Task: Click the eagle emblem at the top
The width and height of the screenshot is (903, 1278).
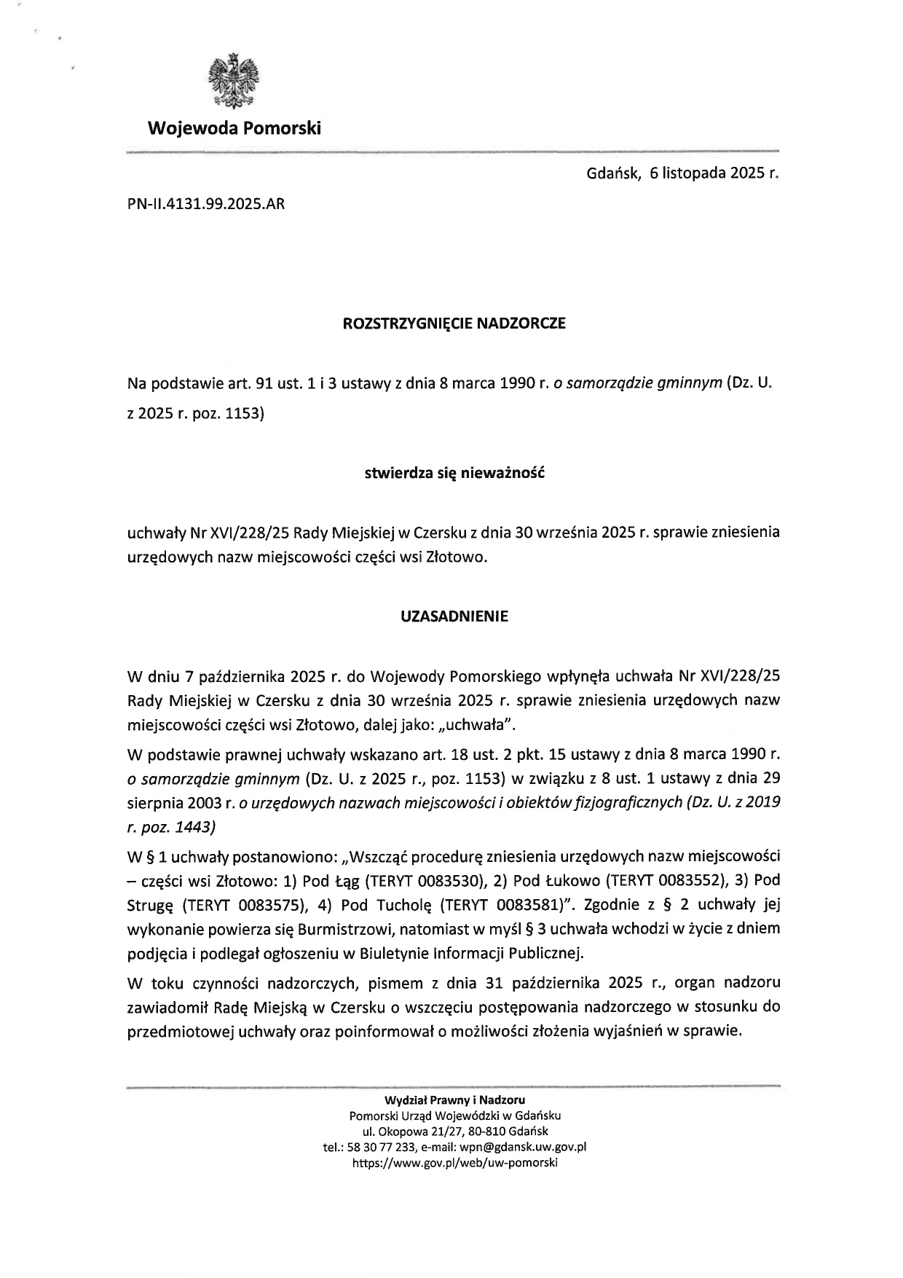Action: [234, 79]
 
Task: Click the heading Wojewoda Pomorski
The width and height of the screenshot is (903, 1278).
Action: [234, 129]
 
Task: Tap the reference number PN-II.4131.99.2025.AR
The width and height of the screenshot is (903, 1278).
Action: [206, 204]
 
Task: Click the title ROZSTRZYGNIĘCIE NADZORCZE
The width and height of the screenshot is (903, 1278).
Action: [454, 324]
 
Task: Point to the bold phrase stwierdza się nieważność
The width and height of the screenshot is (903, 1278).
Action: [454, 473]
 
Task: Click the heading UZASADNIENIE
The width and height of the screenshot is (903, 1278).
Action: [454, 616]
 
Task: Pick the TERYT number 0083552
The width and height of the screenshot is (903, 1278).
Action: [690, 880]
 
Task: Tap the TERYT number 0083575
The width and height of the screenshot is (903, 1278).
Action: [272, 905]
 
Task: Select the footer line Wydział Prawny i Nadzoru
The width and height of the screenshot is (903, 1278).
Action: [455, 1099]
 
